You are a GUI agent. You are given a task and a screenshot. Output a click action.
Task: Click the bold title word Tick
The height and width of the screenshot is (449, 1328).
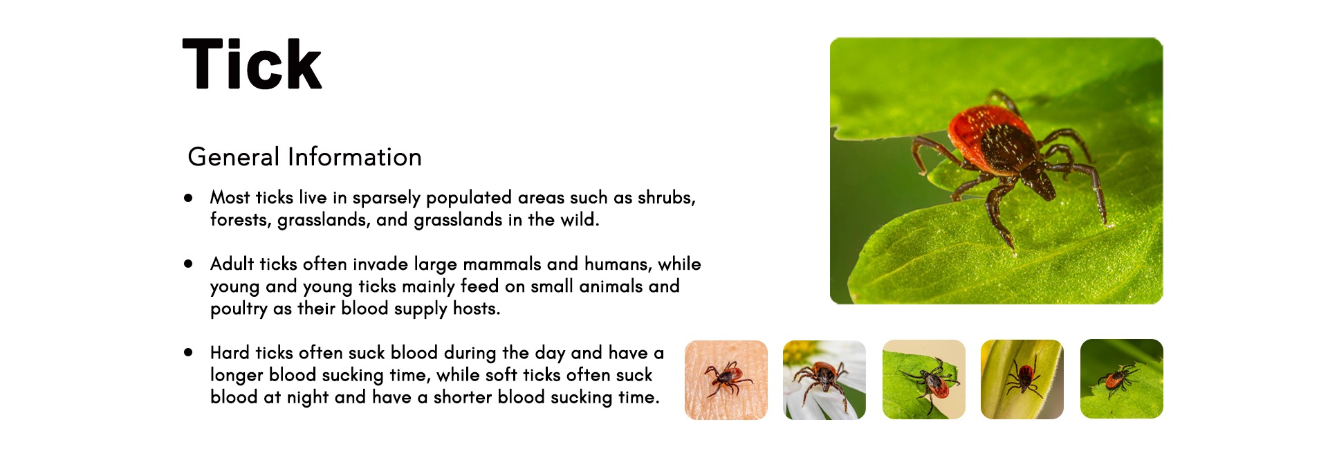[x=252, y=64]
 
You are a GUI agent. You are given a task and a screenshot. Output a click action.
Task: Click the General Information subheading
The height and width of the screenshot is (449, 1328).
[x=304, y=157]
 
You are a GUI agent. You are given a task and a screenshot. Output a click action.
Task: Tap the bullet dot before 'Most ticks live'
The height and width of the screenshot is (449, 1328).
[x=188, y=198]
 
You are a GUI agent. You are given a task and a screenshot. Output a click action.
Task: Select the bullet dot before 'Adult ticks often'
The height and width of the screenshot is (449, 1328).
[x=188, y=264]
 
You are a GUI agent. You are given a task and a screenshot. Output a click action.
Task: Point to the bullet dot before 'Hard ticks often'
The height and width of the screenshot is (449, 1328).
[x=188, y=352]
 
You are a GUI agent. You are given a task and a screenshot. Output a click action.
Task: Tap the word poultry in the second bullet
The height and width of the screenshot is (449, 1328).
[x=239, y=309]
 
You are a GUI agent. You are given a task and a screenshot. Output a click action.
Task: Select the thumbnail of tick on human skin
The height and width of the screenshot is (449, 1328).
[x=726, y=380]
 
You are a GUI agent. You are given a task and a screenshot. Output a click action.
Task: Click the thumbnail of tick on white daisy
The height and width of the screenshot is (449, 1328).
[x=824, y=380]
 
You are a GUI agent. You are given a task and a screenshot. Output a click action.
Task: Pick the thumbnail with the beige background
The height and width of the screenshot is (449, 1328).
[x=924, y=379]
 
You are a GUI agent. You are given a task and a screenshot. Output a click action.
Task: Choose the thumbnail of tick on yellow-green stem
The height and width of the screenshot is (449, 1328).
[x=1022, y=379]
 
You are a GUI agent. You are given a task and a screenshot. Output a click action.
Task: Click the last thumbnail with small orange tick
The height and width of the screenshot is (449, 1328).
[x=1122, y=378]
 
